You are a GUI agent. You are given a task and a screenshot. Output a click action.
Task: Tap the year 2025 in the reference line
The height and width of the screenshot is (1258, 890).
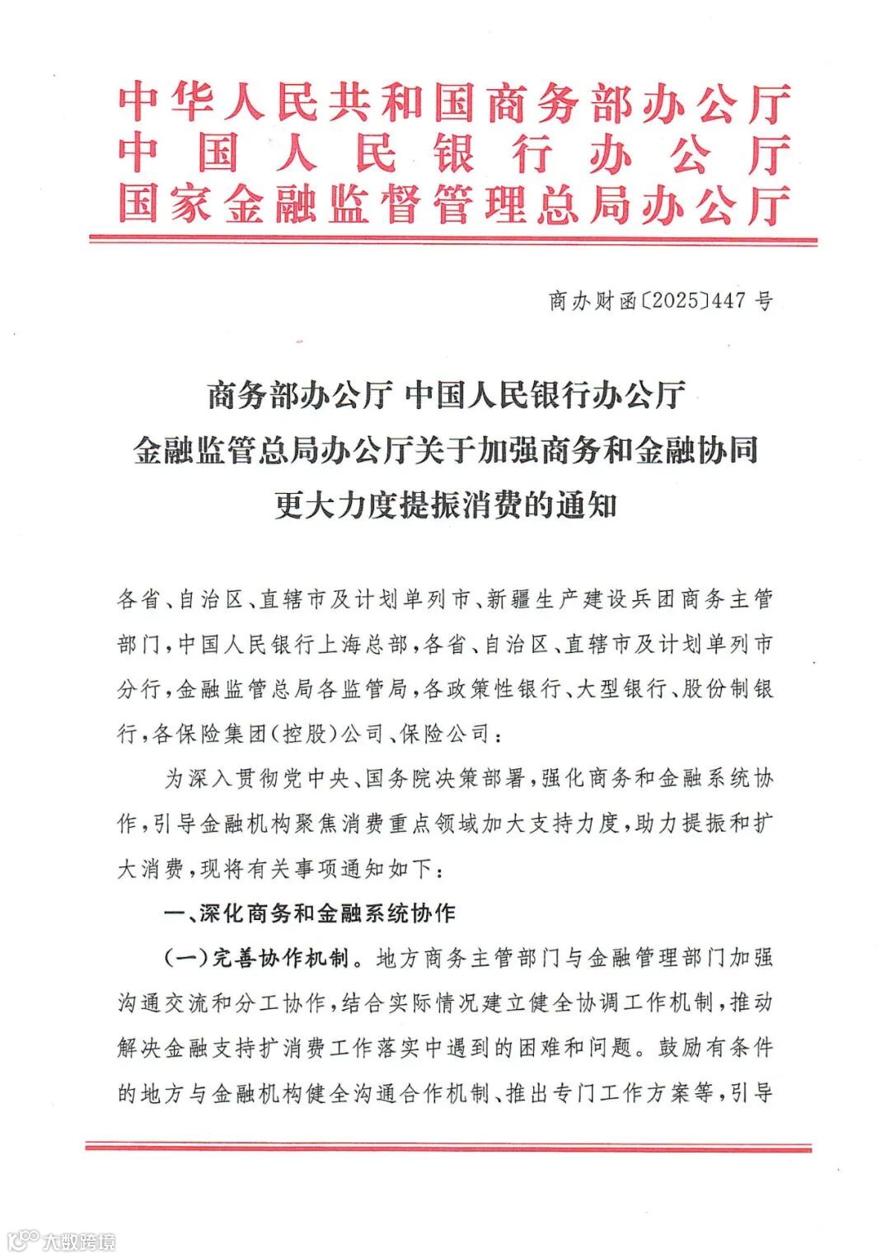(x=673, y=302)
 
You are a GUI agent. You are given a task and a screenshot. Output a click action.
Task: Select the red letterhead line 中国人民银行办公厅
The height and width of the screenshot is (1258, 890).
(x=454, y=155)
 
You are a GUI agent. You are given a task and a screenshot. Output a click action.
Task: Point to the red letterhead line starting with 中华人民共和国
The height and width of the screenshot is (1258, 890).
(x=454, y=105)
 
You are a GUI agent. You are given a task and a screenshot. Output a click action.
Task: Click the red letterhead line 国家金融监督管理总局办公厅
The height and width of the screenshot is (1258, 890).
(x=454, y=204)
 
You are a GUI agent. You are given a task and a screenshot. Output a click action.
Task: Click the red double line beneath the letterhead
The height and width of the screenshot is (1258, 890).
(x=452, y=240)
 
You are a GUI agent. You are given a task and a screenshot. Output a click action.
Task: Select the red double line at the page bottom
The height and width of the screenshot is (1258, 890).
(x=448, y=1147)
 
